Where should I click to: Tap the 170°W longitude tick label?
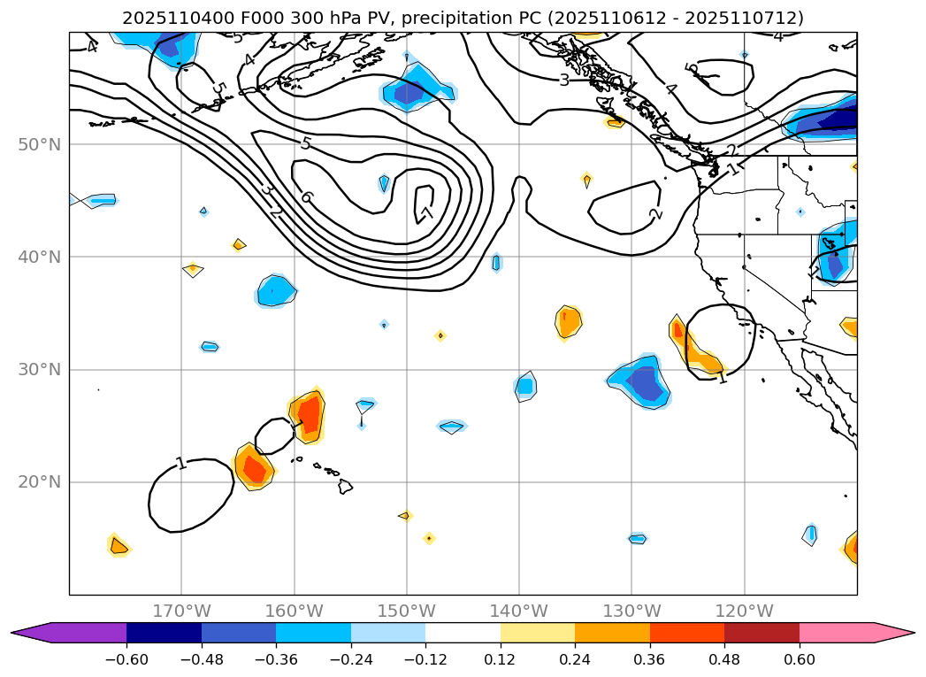[181, 611]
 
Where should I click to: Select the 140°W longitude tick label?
[519, 611]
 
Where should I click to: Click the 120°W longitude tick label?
[744, 611]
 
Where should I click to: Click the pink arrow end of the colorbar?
[894, 632]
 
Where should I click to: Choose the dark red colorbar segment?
[761, 632]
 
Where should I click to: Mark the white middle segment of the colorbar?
[463, 632]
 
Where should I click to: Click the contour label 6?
[306, 196]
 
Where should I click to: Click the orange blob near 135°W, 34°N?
[569, 322]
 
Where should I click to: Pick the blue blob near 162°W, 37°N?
[276, 291]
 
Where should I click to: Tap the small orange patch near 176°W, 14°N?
[119, 546]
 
